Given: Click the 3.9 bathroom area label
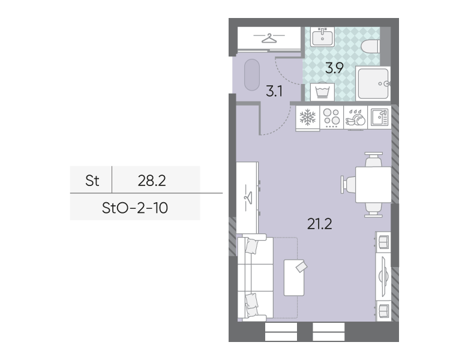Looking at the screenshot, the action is point(334,68).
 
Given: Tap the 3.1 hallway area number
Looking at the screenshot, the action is point(274,92).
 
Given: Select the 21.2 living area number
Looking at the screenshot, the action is point(320,224).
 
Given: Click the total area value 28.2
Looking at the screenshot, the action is point(152,181).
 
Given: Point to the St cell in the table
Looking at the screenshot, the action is point(92,181).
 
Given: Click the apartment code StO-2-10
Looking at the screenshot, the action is point(135,208).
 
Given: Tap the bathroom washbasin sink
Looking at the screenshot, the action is point(322,37).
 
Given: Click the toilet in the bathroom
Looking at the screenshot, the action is point(370,46).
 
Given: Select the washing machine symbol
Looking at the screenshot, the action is point(323,92).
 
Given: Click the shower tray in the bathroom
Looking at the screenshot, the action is point(373,83).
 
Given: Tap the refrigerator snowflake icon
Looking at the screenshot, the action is point(308,117).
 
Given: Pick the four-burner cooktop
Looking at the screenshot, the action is point(332,117).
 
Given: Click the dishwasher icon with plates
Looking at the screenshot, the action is point(356,118).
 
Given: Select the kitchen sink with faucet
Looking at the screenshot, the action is point(380,117).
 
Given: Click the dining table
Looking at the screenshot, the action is point(373,185).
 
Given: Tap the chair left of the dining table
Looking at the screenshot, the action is point(348,185).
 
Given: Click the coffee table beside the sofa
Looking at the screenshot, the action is point(294,278).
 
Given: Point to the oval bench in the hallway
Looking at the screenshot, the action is point(252,75).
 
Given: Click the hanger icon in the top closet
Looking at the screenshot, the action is point(269,38).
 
